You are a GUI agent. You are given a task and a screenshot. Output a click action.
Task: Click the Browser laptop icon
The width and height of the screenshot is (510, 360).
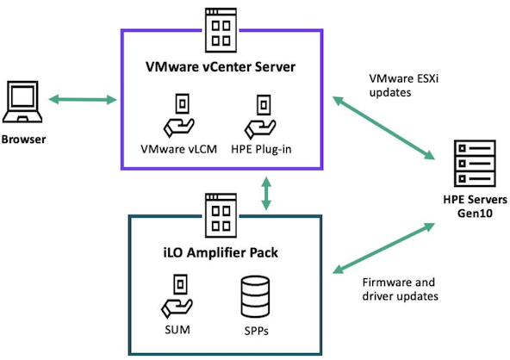[22, 102]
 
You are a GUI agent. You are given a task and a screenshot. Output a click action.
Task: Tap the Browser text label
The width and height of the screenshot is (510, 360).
[23, 140]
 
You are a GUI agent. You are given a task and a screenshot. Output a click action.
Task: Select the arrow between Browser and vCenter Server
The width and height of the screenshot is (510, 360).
[83, 100]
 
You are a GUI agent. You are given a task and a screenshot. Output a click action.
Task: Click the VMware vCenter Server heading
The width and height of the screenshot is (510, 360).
[221, 66]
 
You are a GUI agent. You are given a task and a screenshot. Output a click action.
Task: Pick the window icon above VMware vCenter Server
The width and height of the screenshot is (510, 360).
[221, 30]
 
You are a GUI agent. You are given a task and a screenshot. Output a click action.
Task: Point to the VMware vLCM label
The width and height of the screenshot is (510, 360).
[178, 149]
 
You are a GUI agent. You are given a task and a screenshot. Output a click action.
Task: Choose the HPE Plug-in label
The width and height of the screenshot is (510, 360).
[261, 149]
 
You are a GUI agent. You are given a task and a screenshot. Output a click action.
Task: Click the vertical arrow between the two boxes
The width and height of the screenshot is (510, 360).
[266, 193]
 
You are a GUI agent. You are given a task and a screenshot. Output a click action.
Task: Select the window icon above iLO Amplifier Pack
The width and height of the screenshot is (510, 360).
[221, 215]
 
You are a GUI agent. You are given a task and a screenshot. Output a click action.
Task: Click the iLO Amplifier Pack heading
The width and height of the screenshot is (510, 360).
[221, 252]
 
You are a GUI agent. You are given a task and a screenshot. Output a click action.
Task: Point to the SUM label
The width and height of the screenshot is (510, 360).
[177, 330]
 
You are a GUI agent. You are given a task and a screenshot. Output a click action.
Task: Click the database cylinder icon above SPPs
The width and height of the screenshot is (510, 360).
[255, 296]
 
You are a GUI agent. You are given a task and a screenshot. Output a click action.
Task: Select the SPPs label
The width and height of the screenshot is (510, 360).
[257, 331]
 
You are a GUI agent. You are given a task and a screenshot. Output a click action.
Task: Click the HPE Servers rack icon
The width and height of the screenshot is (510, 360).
[475, 164]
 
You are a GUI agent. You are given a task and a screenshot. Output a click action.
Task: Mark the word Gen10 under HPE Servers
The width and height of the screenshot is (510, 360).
[475, 214]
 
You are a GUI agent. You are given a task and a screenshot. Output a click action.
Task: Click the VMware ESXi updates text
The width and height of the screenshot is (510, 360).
[404, 85]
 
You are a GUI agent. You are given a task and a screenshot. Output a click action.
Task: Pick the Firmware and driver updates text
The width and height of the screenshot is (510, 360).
[400, 289]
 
